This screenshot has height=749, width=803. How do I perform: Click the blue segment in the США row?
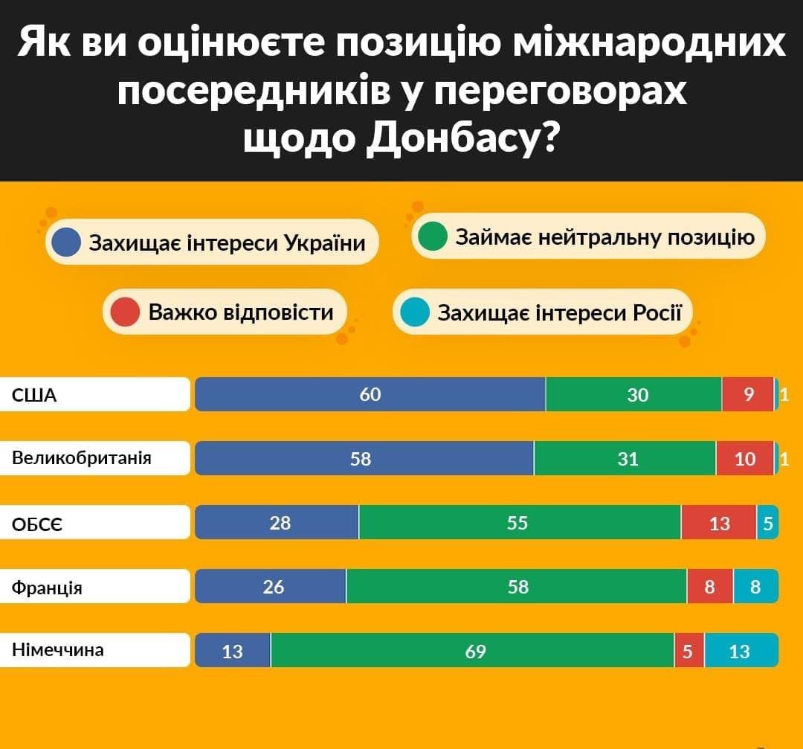point(370,394)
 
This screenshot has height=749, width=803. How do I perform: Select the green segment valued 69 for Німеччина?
point(473,651)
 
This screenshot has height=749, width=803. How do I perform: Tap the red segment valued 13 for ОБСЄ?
point(718,523)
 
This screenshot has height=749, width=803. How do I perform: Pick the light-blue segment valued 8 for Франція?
point(755,587)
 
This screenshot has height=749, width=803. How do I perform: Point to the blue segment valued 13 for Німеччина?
point(233,651)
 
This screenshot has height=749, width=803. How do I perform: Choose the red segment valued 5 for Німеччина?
point(689,651)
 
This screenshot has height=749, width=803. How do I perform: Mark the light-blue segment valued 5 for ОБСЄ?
point(767,523)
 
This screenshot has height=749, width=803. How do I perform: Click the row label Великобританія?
point(82,458)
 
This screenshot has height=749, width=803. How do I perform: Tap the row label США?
point(35,395)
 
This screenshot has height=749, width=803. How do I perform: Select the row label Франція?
point(47,588)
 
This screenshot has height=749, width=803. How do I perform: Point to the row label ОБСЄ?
point(37,524)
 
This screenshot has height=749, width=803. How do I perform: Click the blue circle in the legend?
point(68,242)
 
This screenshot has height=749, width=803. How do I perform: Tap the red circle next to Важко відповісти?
point(125,312)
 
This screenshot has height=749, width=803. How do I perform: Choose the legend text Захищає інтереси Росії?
point(559,312)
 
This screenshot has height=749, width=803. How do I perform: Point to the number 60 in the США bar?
point(370,395)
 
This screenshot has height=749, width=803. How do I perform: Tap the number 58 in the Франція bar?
point(517,587)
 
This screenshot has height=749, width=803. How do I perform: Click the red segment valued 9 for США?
point(747,394)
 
